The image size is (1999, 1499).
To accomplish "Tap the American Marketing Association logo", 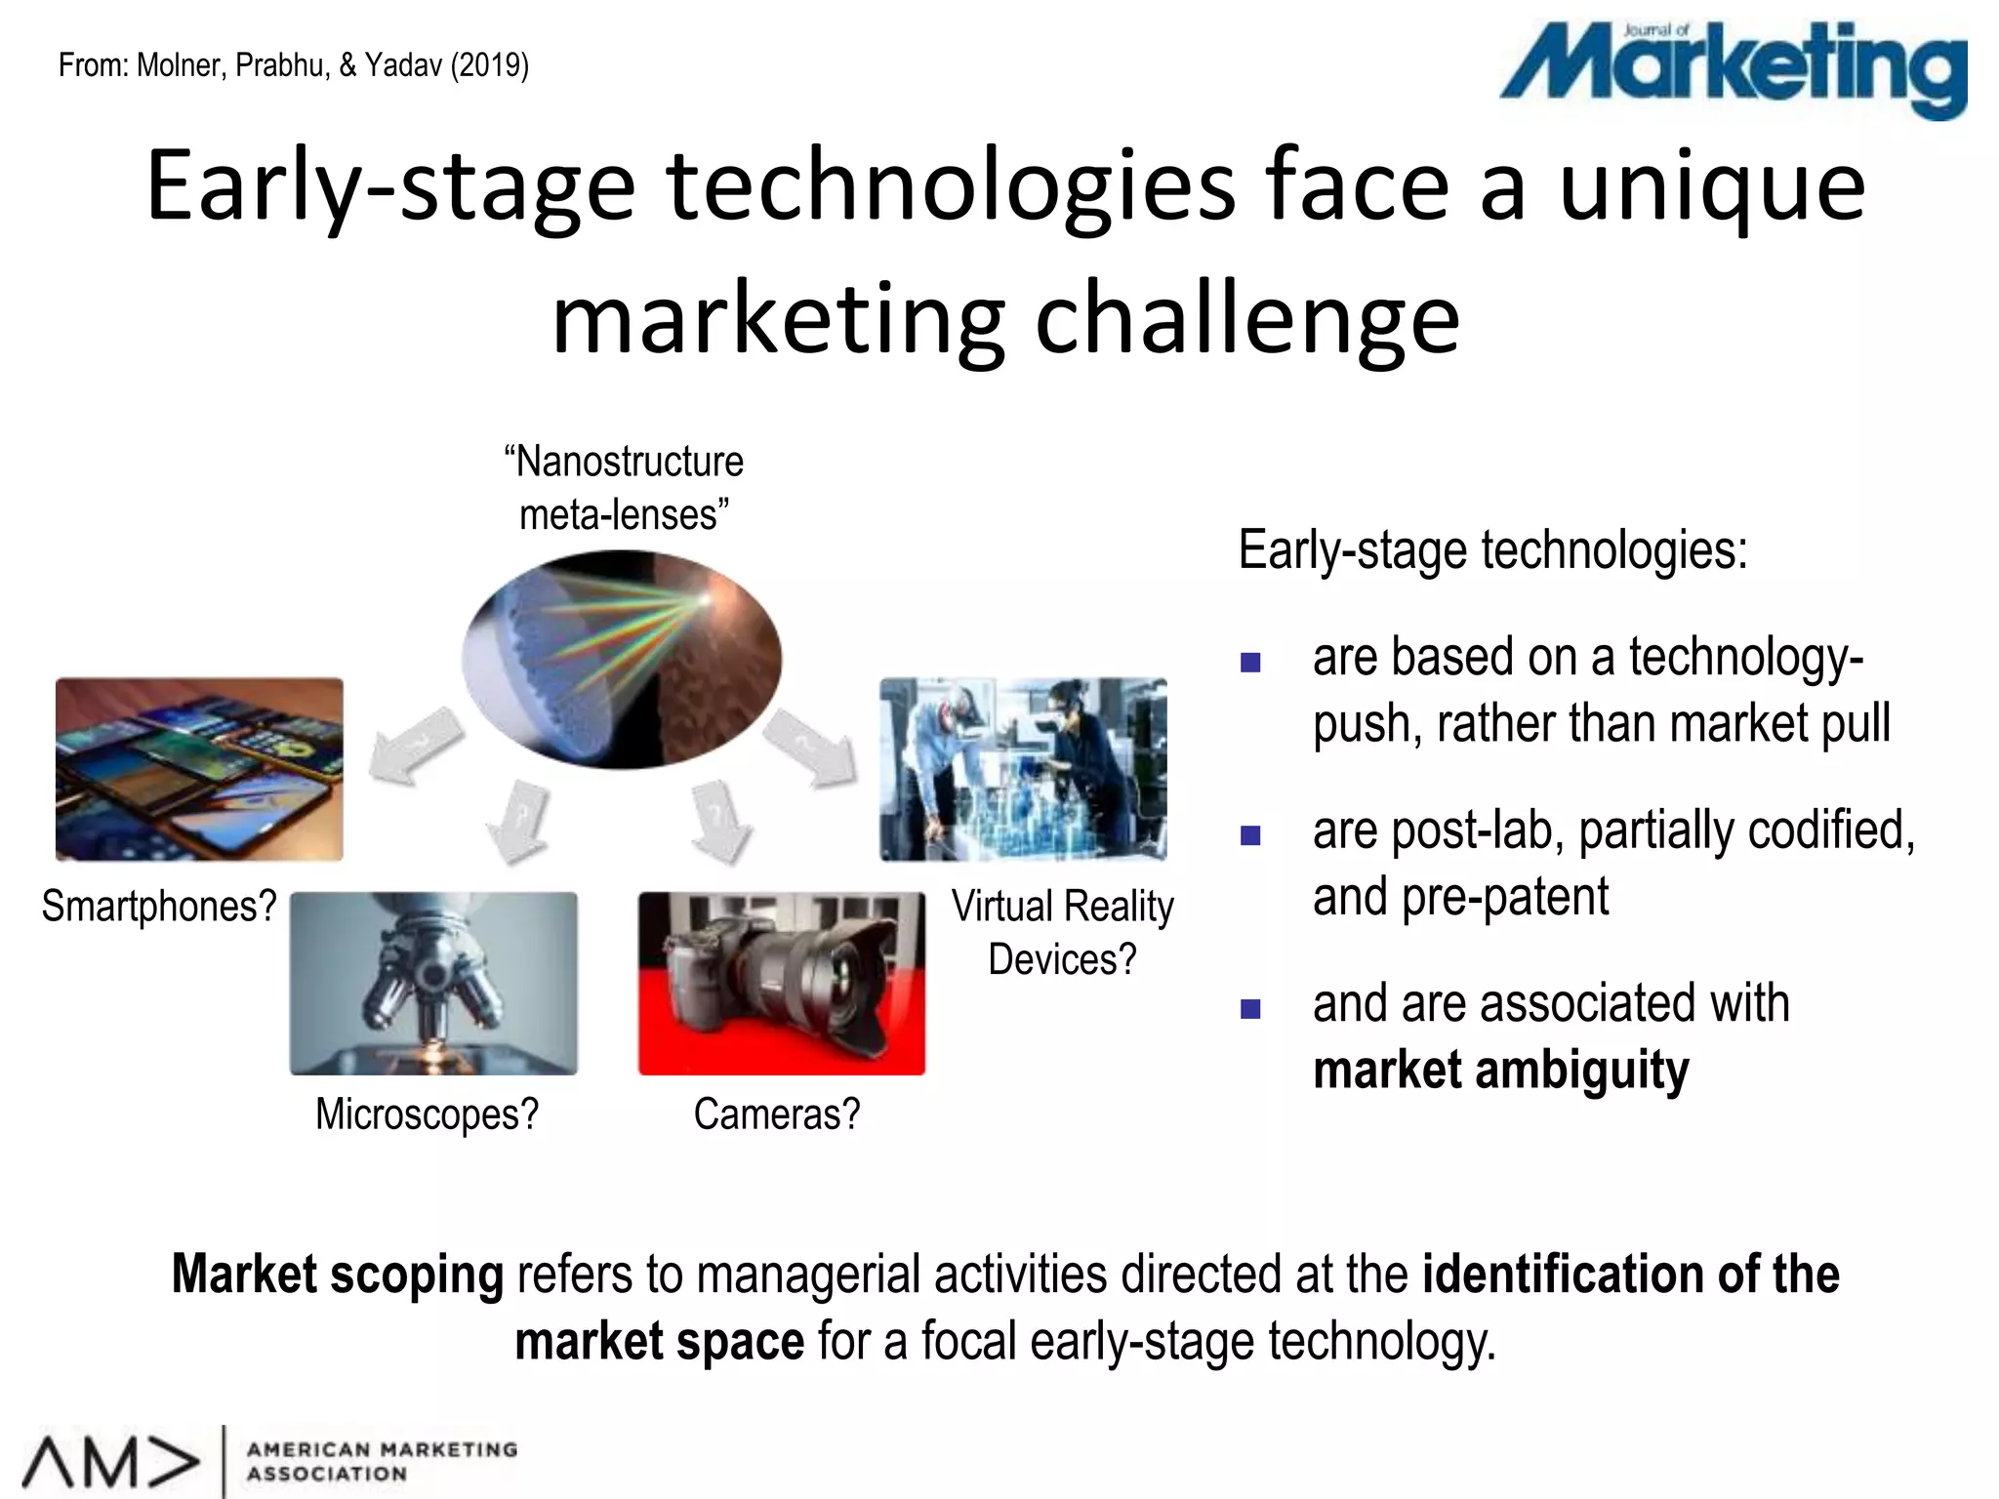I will click(268, 1461).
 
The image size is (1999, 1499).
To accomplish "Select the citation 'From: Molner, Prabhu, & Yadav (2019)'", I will click(294, 65).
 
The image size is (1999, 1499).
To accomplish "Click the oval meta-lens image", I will click(622, 659).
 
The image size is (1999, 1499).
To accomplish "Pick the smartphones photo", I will click(199, 769).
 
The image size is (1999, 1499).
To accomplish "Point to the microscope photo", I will click(433, 983).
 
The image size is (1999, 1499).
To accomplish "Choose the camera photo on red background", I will click(781, 983).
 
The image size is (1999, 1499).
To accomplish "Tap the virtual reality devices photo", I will click(1023, 769).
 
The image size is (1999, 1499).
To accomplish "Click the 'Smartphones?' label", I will click(159, 906).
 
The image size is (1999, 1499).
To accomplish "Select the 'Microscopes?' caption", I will click(427, 1114).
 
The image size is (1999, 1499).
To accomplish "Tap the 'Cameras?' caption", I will click(777, 1114).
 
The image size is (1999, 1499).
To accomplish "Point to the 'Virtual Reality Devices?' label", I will click(1062, 932).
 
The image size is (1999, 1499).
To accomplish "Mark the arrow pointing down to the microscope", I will click(518, 820).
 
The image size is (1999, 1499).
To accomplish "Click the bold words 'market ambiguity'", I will click(1500, 1070).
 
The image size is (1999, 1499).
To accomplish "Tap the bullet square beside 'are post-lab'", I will click(1250, 835).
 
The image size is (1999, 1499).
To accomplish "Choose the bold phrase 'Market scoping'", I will click(338, 1274).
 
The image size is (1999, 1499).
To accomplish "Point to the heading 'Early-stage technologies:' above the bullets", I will click(1492, 549).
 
